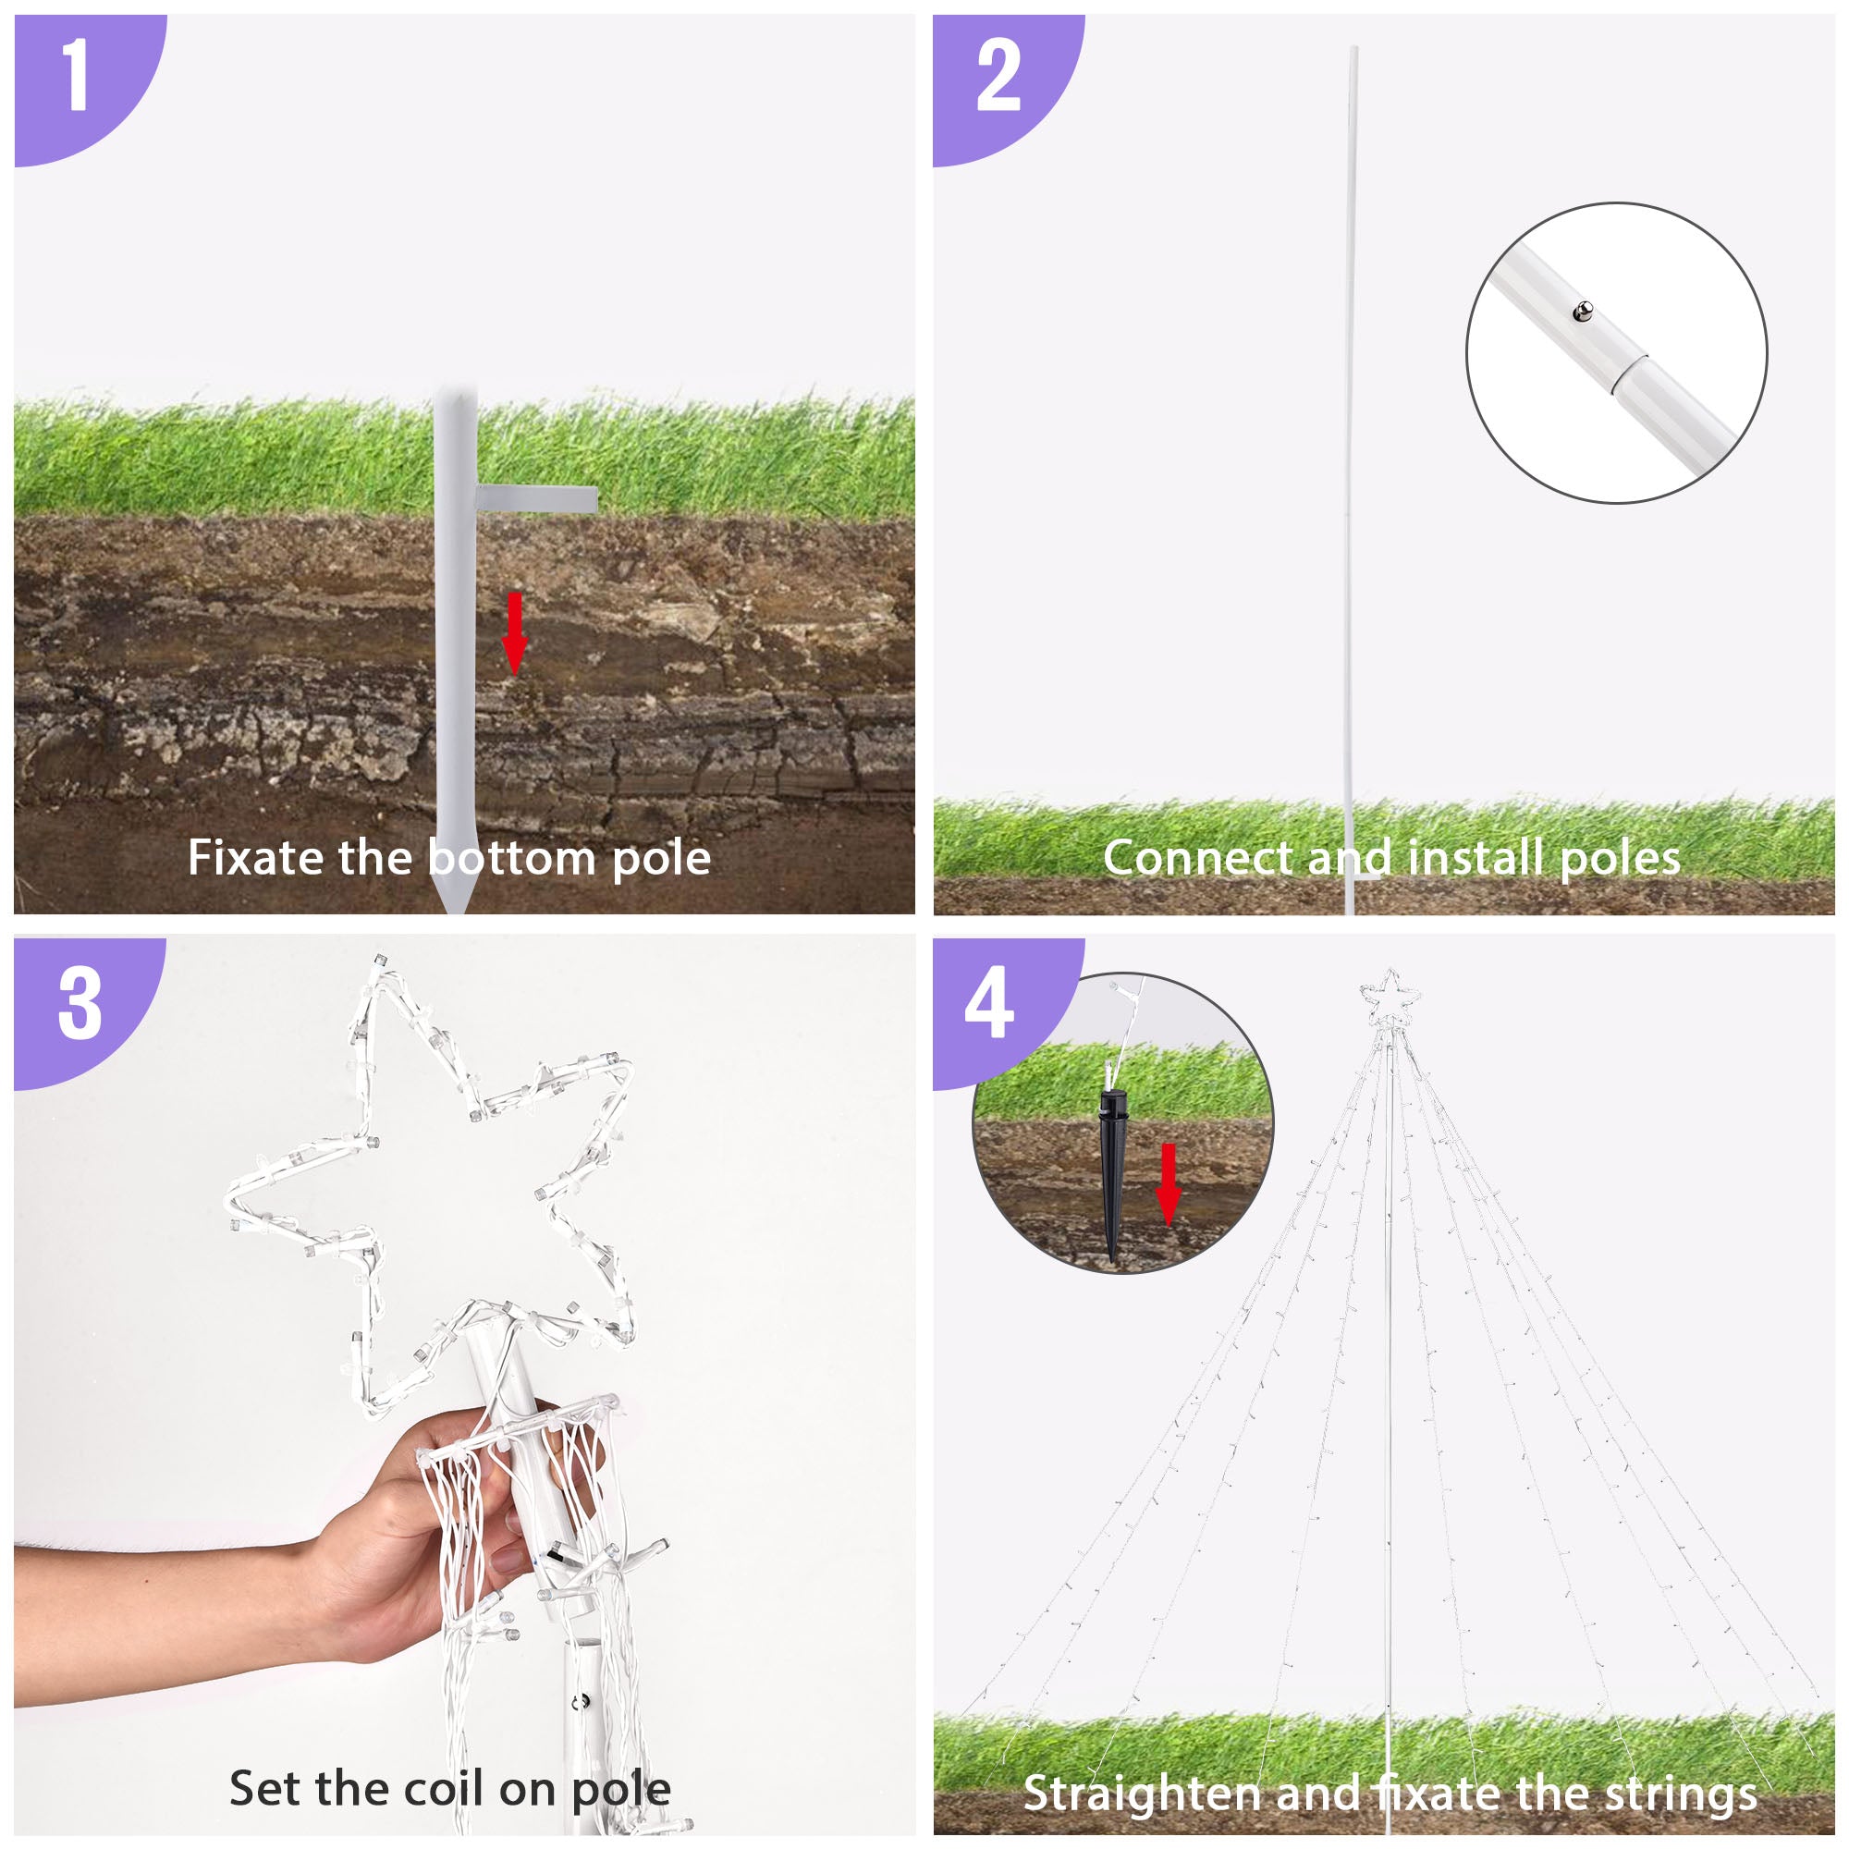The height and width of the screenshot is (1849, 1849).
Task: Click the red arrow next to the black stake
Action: click(1169, 1184)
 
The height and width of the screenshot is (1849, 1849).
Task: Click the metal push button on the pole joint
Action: click(1583, 310)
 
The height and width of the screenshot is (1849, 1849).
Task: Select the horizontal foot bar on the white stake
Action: click(537, 497)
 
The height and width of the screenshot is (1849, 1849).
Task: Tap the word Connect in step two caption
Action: click(1196, 857)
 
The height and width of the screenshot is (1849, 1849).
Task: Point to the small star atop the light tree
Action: click(1390, 1000)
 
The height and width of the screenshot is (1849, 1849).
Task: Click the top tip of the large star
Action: click(381, 958)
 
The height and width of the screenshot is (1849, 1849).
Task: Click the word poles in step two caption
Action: click(1620, 859)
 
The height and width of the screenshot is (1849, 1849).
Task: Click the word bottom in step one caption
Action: click(512, 857)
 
